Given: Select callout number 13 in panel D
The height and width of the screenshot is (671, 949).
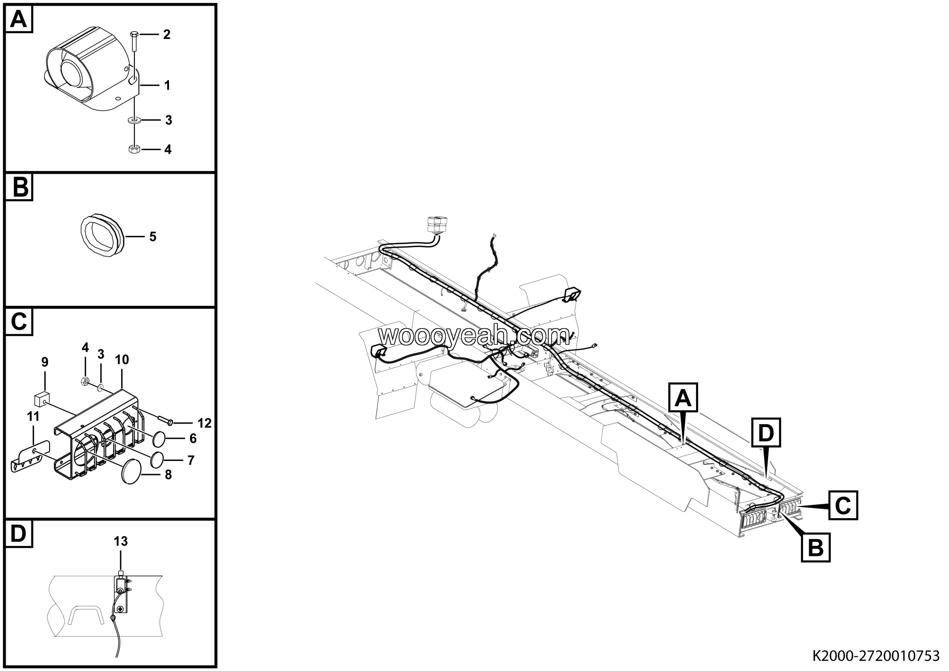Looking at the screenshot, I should pyautogui.click(x=121, y=541).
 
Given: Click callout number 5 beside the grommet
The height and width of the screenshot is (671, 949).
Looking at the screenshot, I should pyautogui.click(x=152, y=237).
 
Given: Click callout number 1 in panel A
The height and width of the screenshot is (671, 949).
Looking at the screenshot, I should pyautogui.click(x=167, y=85).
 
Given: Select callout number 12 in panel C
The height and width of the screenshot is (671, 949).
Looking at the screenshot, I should pyautogui.click(x=204, y=423).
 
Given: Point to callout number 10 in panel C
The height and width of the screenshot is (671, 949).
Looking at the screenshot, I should pyautogui.click(x=122, y=360).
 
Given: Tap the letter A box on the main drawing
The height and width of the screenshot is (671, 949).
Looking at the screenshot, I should pyautogui.click(x=683, y=398).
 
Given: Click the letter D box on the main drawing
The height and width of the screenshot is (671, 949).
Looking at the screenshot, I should pyautogui.click(x=766, y=433).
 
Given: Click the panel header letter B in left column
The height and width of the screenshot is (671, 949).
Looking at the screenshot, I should pyautogui.click(x=19, y=187).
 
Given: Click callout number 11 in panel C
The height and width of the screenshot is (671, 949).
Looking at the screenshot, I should pyautogui.click(x=33, y=416).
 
